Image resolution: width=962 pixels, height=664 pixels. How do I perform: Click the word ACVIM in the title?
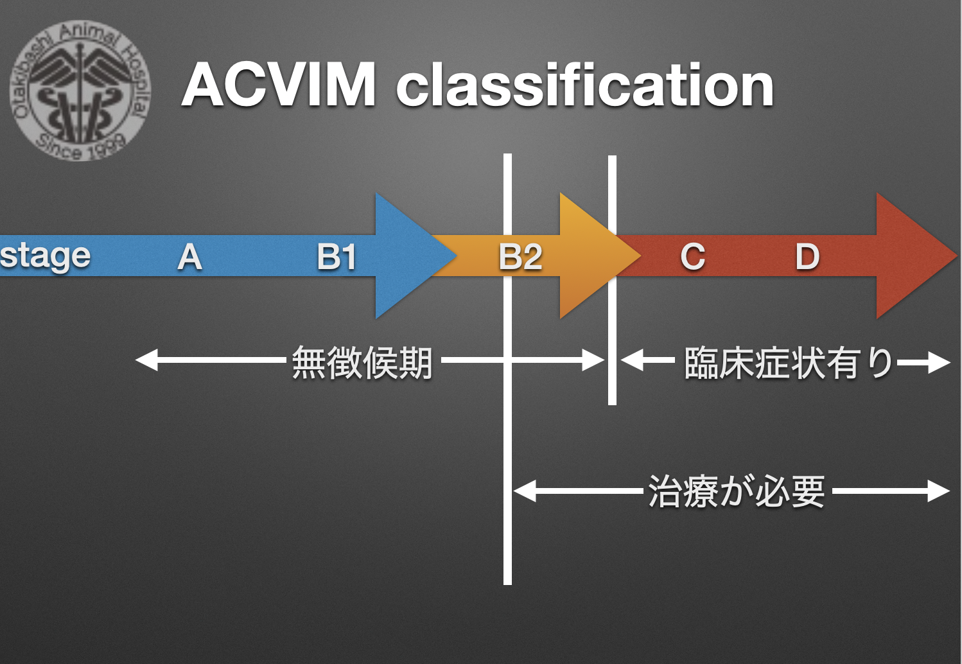[x=279, y=85]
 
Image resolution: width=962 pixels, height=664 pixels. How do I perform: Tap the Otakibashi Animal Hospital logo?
[x=80, y=91]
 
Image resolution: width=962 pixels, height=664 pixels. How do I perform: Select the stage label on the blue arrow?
[x=45, y=256]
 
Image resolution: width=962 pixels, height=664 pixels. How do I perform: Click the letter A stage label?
[x=190, y=257]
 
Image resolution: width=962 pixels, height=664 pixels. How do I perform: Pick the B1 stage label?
[x=337, y=257]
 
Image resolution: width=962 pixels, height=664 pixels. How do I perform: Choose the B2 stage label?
[x=521, y=257]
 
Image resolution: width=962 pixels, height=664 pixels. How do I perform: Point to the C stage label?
[x=693, y=257]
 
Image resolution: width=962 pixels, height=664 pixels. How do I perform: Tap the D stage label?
[x=807, y=257]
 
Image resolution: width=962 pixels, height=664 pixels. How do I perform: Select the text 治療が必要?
[x=737, y=492]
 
